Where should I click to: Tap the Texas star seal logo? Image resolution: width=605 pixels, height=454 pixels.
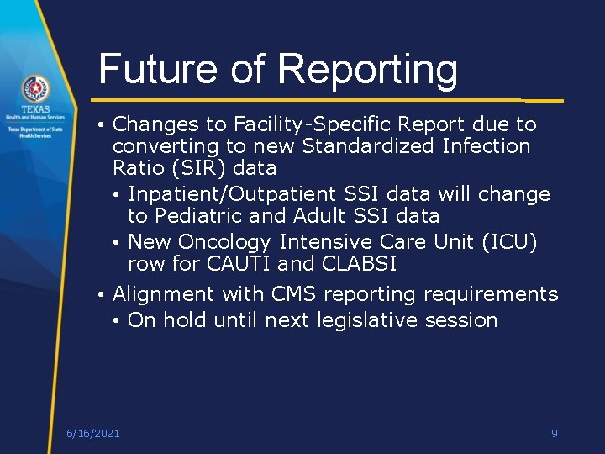tap(35, 87)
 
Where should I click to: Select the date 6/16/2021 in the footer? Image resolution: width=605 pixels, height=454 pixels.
tap(93, 433)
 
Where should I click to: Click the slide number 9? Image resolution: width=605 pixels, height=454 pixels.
tap(554, 433)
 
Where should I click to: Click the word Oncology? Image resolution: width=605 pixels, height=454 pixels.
tap(224, 243)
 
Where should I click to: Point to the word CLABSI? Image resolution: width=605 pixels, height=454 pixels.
tap(358, 264)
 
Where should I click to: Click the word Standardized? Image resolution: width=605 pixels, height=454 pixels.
tap(366, 146)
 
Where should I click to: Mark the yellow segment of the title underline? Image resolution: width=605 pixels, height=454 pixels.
tap(543, 100)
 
